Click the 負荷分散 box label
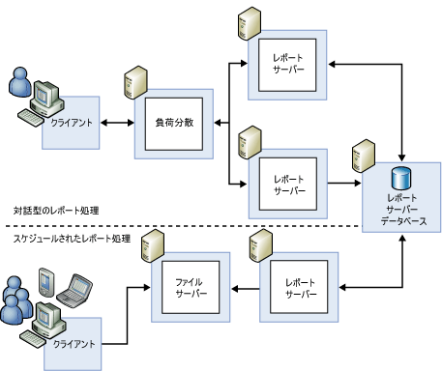click(174, 123)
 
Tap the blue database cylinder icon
click(401, 178)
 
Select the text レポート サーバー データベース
click(403, 210)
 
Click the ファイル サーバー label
click(191, 288)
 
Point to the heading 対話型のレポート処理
click(56, 211)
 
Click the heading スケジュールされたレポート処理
click(72, 239)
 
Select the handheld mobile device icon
click(46, 282)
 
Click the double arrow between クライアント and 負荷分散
click(117, 123)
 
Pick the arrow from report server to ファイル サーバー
click(245, 289)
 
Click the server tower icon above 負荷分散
click(135, 82)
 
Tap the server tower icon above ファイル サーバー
click(153, 245)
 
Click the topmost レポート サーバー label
click(288, 64)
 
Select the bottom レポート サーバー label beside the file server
click(301, 288)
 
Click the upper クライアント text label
click(72, 123)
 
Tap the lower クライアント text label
click(74, 344)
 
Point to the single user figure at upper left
click(20, 82)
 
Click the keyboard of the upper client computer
click(30, 118)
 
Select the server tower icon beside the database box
click(364, 156)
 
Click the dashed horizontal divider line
click(184, 226)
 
